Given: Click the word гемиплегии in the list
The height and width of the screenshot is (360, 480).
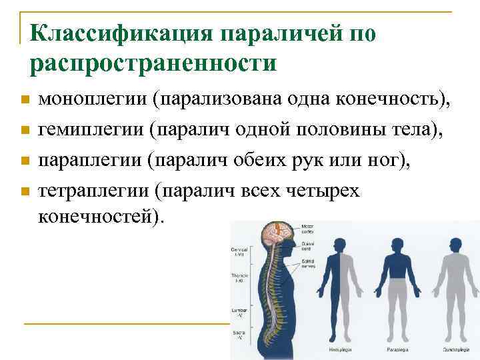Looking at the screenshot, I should tap(92, 130).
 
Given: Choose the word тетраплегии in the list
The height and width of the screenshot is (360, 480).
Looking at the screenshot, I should tap(94, 191).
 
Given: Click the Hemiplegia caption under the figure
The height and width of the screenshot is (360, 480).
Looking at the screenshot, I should tap(341, 349).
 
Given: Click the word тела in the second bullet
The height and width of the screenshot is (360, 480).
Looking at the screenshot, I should tap(409, 130).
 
